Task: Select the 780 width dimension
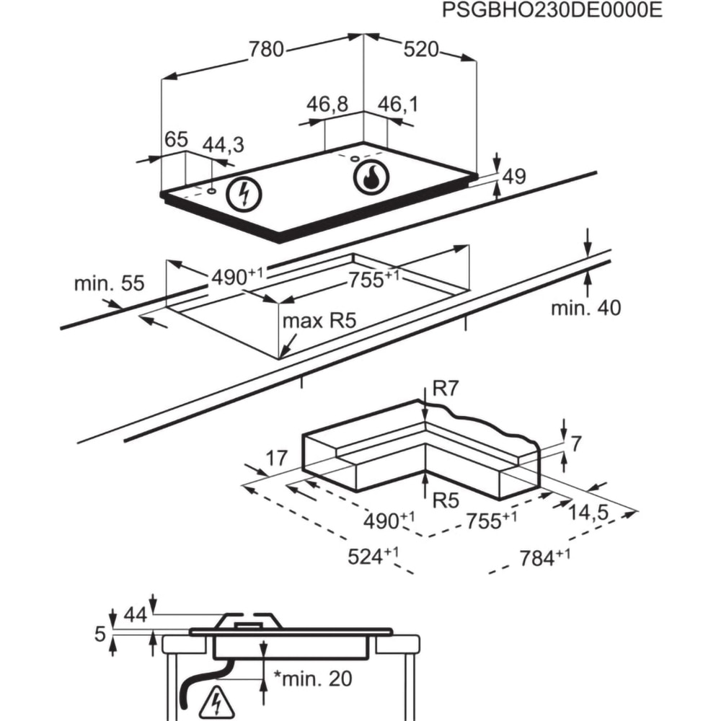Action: [267, 50]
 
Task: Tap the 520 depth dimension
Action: [420, 50]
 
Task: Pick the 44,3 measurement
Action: [223, 145]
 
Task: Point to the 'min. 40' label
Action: [585, 308]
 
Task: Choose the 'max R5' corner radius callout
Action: [319, 321]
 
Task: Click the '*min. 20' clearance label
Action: [304, 678]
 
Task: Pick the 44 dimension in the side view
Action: [135, 614]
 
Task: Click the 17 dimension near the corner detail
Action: [276, 458]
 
